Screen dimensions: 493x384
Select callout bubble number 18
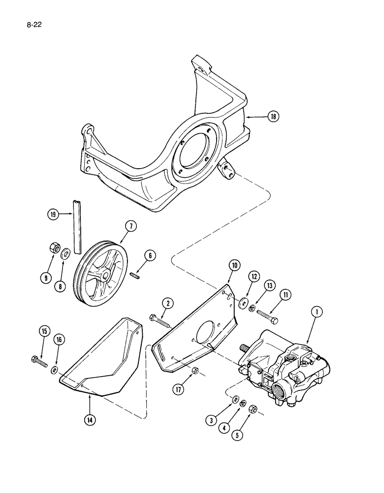click(273, 116)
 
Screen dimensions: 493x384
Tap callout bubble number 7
click(131, 226)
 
